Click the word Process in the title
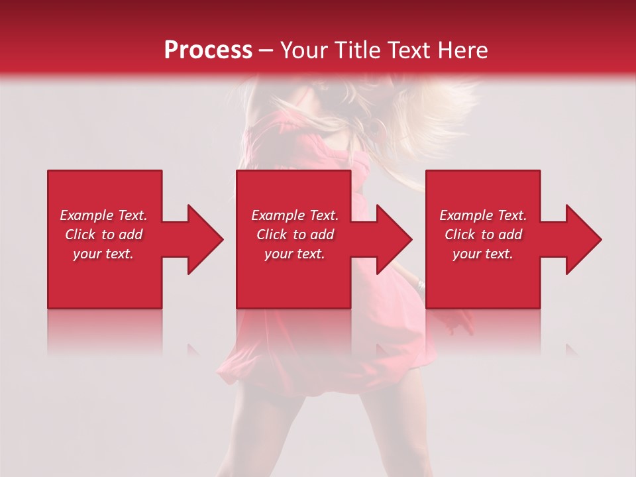click(x=208, y=50)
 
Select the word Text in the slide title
click(x=409, y=50)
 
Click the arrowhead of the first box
click(x=205, y=239)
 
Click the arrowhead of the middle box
click(x=394, y=239)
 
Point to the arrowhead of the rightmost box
click(x=584, y=239)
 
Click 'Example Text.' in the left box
click(x=103, y=215)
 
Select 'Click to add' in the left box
click(x=104, y=235)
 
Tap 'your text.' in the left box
click(x=103, y=254)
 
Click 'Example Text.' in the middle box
click(x=294, y=215)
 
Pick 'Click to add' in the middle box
click(x=295, y=235)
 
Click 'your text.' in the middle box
click(x=294, y=254)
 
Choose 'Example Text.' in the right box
click(x=483, y=215)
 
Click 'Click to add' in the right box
click(x=484, y=235)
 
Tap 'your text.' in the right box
click(x=483, y=254)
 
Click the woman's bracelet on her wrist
click(x=421, y=286)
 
